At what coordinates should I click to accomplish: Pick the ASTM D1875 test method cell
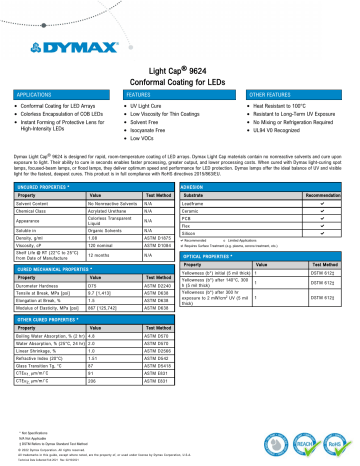click(156, 237)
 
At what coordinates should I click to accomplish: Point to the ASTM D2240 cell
click(156, 287)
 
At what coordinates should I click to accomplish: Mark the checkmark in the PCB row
click(323, 218)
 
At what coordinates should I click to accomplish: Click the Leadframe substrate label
click(215, 203)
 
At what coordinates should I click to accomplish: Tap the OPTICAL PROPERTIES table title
click(224, 256)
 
